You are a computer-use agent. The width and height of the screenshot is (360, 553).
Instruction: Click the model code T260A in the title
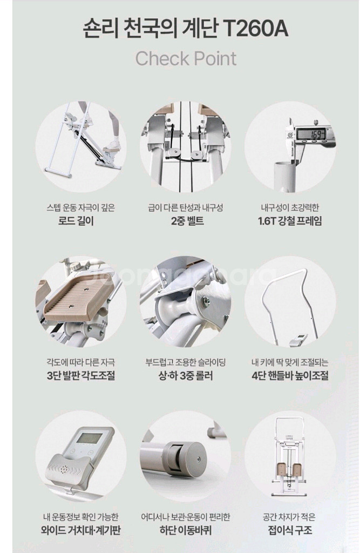(x=256, y=29)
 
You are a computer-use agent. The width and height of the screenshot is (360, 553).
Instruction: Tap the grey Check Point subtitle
(x=186, y=58)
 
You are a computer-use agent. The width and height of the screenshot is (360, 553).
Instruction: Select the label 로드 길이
(x=76, y=221)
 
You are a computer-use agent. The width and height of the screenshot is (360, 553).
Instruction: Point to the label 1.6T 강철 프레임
(x=290, y=221)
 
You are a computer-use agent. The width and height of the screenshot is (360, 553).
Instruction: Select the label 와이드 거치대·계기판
(x=81, y=530)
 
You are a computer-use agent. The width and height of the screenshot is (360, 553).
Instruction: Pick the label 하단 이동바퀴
(x=186, y=530)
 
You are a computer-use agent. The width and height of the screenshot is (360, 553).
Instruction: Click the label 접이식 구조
(x=290, y=530)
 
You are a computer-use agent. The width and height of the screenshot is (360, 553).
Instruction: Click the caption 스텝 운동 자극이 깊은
(x=81, y=208)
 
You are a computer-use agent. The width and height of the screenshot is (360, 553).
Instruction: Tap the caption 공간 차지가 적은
(x=289, y=517)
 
